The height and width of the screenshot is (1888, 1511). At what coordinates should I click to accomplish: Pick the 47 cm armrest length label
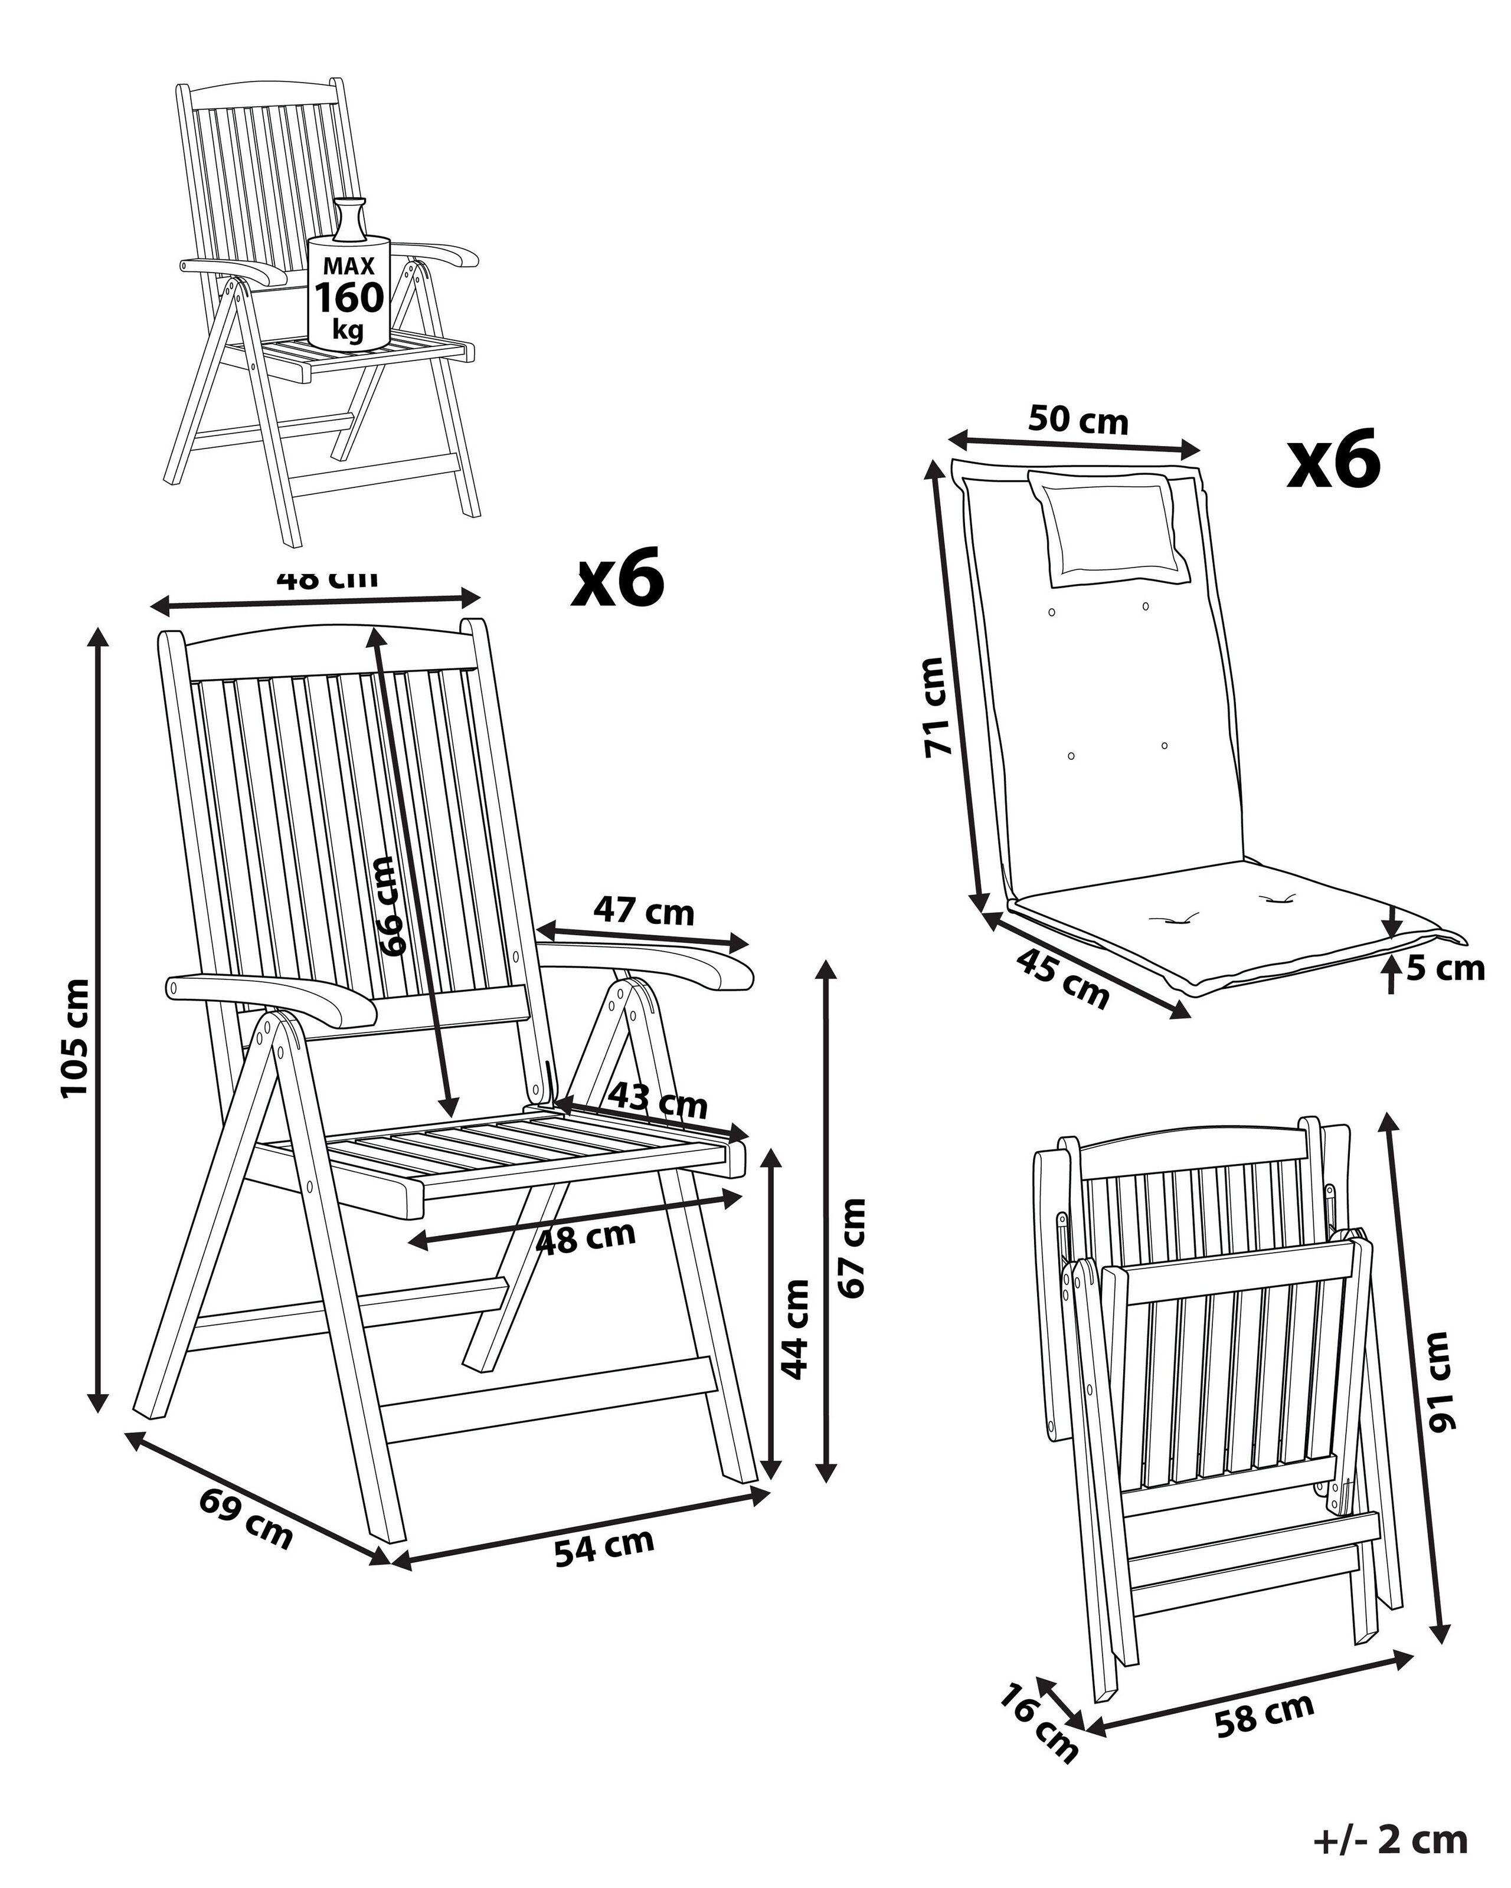pyautogui.click(x=644, y=913)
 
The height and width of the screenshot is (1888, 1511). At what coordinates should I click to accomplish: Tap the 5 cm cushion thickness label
pyautogui.click(x=1445, y=969)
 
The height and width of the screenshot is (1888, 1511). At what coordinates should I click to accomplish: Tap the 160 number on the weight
pyautogui.click(x=349, y=298)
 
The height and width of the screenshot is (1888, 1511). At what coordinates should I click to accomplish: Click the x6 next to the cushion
pyautogui.click(x=1333, y=459)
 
